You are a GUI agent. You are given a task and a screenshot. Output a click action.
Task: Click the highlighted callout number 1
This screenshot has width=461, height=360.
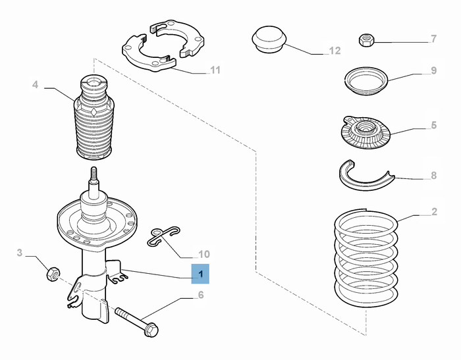pyautogui.click(x=200, y=274)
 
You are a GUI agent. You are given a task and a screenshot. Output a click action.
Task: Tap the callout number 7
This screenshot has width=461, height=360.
pyautogui.click(x=433, y=39)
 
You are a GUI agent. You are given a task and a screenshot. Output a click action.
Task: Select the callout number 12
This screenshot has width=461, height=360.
pyautogui.click(x=335, y=51)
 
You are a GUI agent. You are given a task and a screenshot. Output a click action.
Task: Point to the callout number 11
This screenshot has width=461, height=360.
pyautogui.click(x=215, y=70)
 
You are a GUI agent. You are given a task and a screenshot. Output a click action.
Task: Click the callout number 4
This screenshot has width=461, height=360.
pyautogui.click(x=36, y=85)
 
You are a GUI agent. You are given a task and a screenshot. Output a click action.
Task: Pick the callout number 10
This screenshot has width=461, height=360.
pyautogui.click(x=204, y=254)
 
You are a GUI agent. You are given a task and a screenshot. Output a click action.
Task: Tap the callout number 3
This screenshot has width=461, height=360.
pyautogui.click(x=19, y=253)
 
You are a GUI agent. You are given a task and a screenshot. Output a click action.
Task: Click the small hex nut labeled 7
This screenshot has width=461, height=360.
pyautogui.click(x=366, y=40)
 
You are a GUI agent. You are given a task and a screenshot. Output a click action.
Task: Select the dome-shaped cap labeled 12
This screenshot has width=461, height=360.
pyautogui.click(x=269, y=40)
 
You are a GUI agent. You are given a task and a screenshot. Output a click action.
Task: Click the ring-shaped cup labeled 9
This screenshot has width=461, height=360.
pyautogui.click(x=366, y=81)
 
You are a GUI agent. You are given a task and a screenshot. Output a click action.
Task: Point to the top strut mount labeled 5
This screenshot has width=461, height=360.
pyautogui.click(x=366, y=132)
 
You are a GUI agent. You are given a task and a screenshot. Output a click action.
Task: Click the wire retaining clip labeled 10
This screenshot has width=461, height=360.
pyautogui.click(x=163, y=236)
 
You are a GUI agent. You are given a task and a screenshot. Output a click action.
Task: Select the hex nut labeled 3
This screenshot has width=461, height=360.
pyautogui.click(x=53, y=274)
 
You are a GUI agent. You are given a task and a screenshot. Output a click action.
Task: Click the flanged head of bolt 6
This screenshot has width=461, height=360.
pyautogui.click(x=151, y=330)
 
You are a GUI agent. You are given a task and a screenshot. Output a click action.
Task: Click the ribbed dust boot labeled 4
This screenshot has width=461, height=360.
pyautogui.click(x=94, y=118)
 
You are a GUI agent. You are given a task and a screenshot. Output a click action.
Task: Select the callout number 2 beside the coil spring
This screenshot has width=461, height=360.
pyautogui.click(x=434, y=212)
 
